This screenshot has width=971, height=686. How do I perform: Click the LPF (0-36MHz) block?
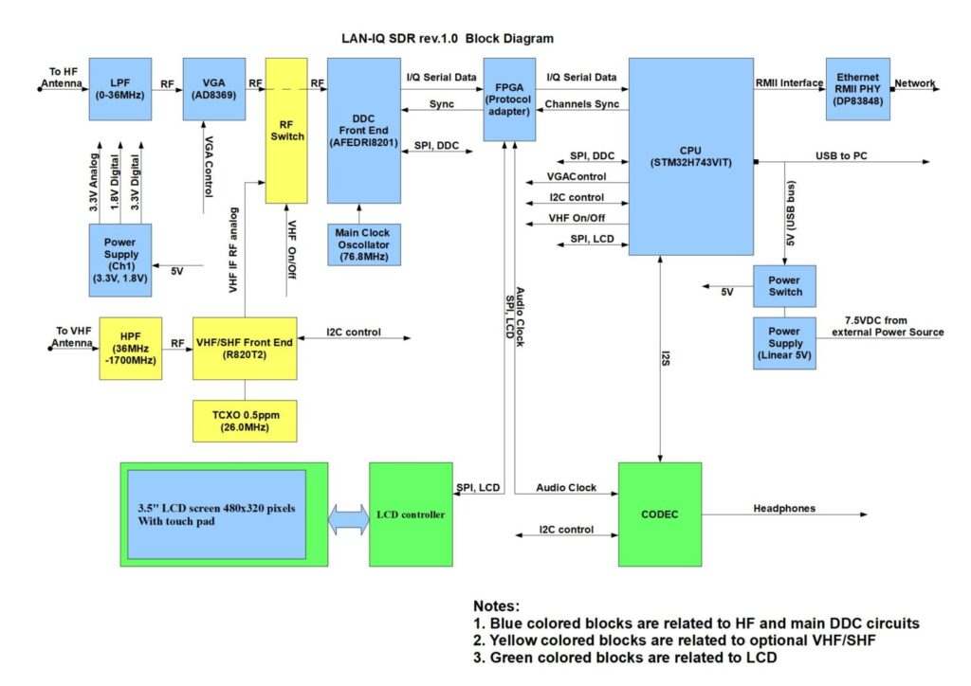120,89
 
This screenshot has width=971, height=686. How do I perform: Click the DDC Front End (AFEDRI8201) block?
363,130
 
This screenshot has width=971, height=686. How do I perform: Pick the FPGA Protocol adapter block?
509,99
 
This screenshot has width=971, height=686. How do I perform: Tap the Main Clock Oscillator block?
363,244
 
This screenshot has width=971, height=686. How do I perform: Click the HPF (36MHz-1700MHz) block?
131,348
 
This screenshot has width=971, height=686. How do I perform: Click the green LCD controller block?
411,514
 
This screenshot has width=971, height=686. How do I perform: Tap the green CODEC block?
660,514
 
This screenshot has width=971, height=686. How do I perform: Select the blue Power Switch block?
784,286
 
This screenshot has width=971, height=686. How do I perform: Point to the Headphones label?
784,509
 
